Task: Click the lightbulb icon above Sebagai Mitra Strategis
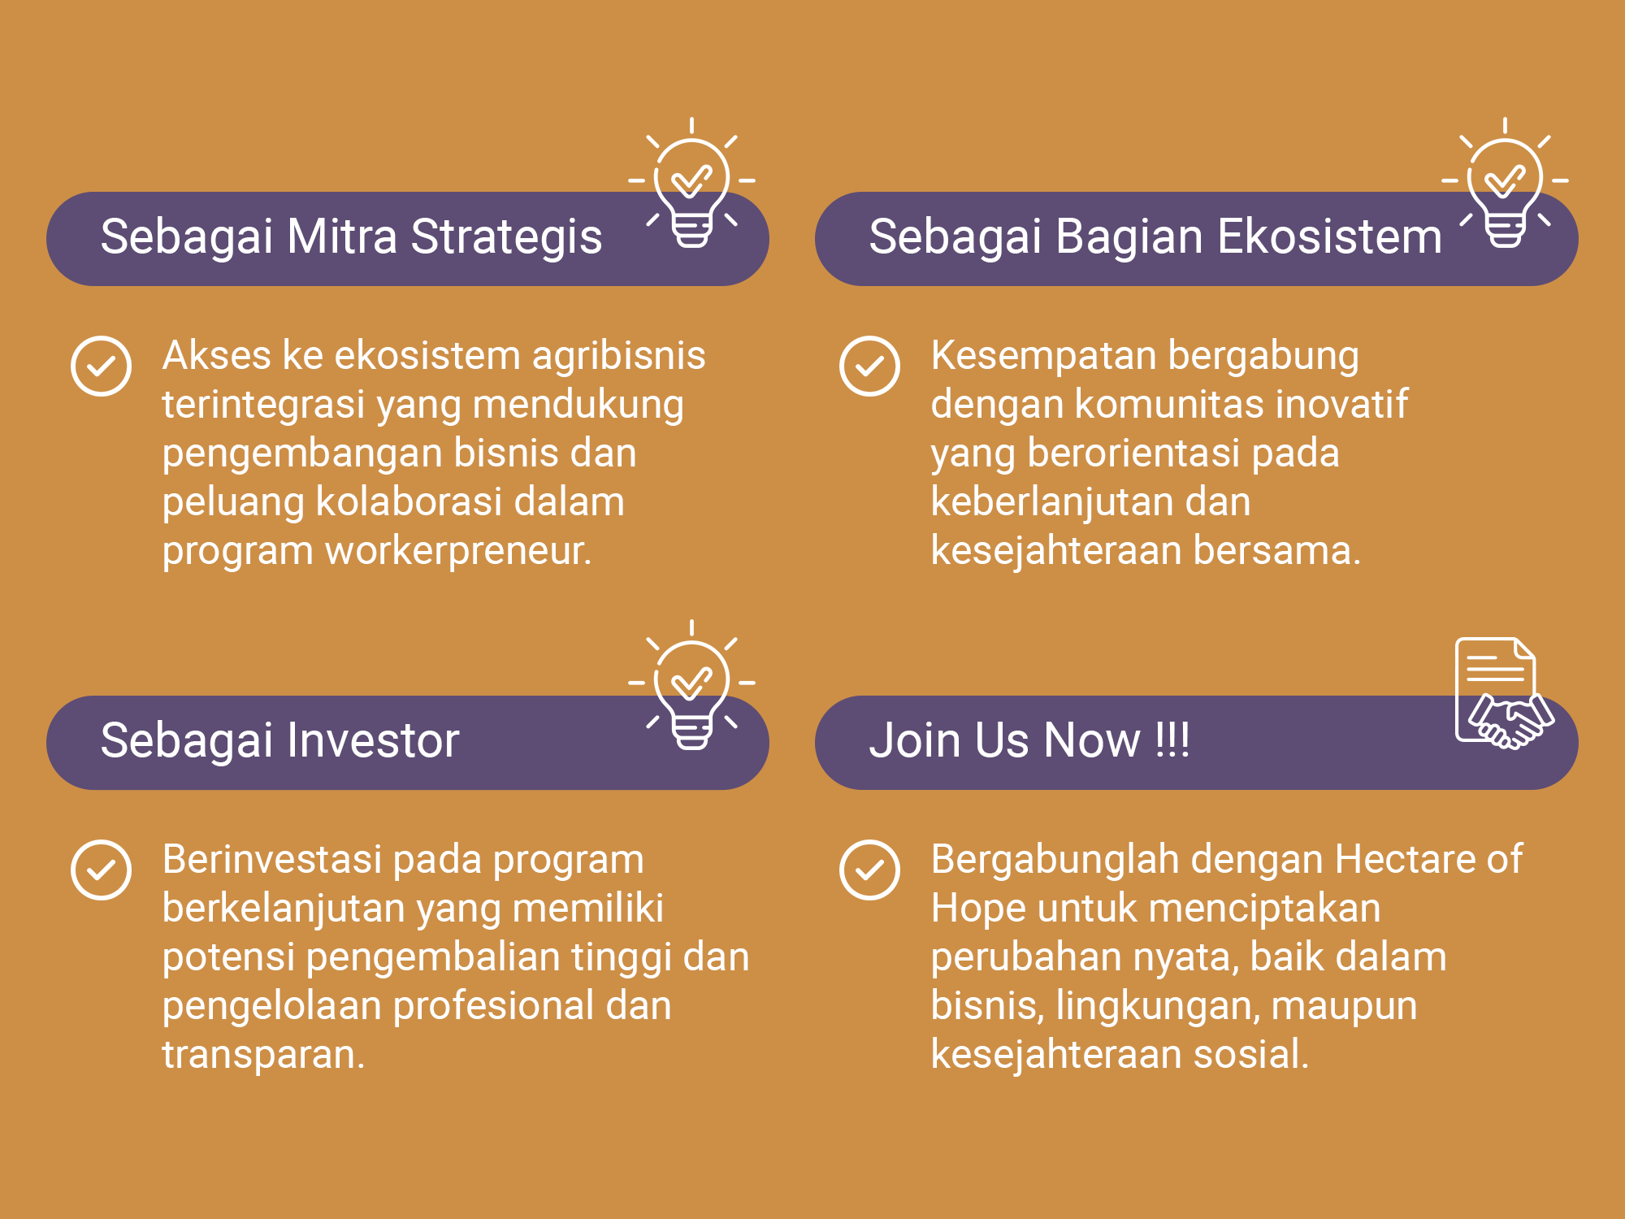691,183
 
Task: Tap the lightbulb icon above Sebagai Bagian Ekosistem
1505,183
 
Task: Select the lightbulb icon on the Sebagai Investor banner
691,685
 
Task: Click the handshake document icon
1504,693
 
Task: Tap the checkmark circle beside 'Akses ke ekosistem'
101,367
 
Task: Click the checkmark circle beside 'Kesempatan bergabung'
869,367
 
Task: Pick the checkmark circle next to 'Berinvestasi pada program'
101,870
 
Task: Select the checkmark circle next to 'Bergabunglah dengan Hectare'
869,870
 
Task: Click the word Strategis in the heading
506,237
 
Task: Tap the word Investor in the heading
373,740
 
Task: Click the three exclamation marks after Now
1172,740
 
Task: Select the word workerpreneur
458,551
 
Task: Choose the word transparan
263,1055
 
